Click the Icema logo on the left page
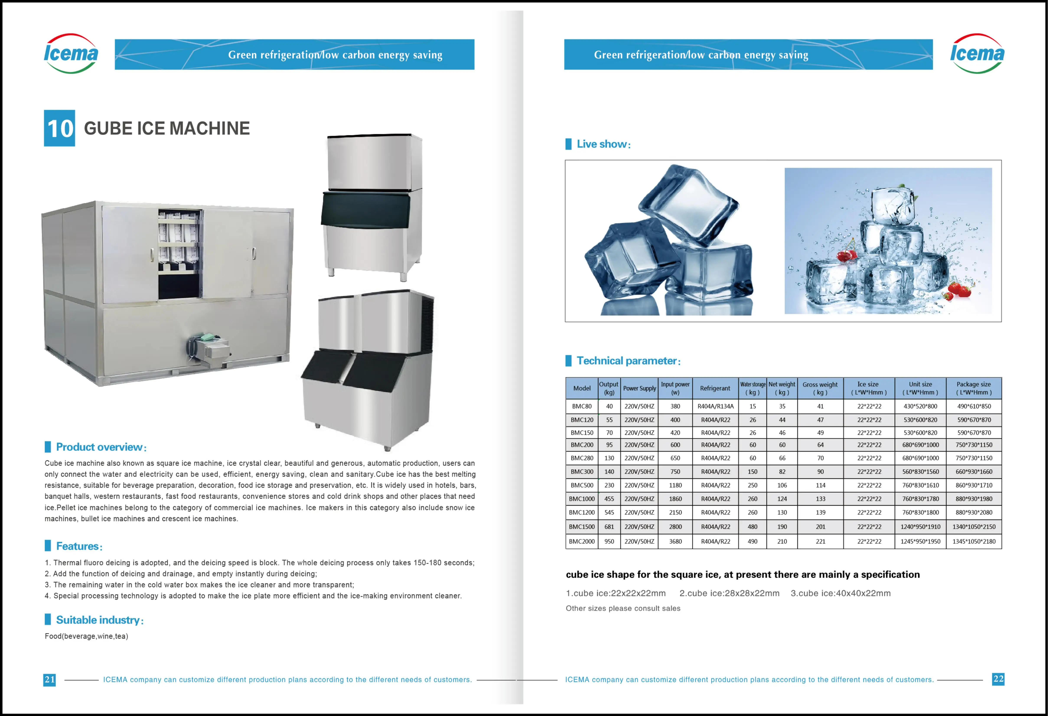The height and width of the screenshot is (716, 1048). coord(71,54)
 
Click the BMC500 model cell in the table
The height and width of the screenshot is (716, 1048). coord(582,485)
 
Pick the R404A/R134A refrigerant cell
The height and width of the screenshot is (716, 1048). coord(715,406)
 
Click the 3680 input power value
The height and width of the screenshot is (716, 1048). coord(675,541)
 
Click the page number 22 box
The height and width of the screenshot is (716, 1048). coord(998,679)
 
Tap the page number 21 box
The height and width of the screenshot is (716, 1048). coord(50,680)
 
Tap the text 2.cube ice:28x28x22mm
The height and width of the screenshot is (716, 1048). coord(729,593)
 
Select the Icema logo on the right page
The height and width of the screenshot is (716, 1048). coord(977,54)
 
